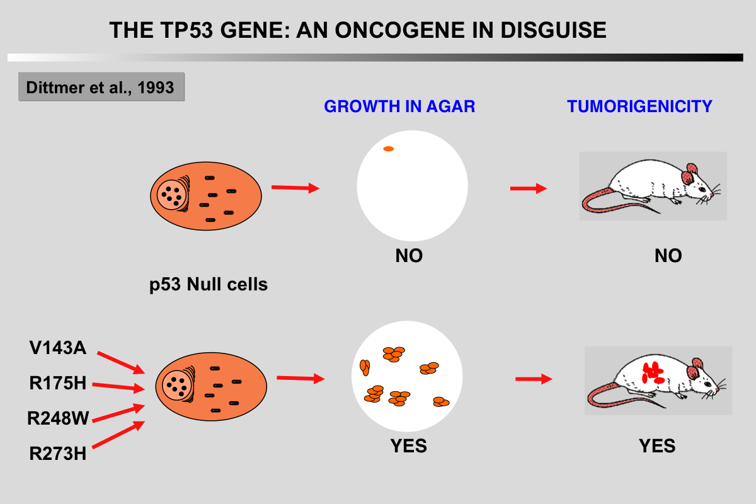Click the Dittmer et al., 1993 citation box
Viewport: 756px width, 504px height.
[x=101, y=87]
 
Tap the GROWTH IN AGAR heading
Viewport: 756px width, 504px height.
[x=399, y=106]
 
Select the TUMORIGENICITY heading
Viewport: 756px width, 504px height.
[x=639, y=106]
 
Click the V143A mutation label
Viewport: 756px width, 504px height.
[x=57, y=348]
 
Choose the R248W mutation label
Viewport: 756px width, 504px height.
[x=58, y=418]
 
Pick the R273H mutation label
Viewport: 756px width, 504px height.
[x=57, y=453]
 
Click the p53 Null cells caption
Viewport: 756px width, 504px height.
[x=209, y=285]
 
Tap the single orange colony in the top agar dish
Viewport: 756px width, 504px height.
[x=389, y=149]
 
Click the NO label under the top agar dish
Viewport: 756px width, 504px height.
[x=409, y=256]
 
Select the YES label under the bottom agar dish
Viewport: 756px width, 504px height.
[x=408, y=446]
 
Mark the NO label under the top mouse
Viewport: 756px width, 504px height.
[x=668, y=256]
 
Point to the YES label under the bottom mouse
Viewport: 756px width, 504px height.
[x=657, y=446]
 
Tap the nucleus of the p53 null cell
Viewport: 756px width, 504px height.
[x=171, y=193]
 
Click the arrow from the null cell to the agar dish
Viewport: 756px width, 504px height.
[x=295, y=188]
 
